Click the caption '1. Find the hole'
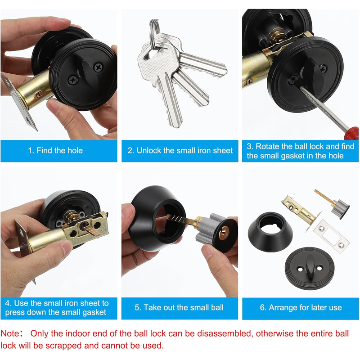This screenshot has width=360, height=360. point(55,150)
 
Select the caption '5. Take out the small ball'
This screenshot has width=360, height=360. point(179,307)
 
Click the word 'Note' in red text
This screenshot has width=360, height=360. point(10,333)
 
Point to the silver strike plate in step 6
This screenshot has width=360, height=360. point(331,237)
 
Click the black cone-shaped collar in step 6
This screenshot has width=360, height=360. point(270,232)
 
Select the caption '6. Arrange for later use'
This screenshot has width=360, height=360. point(301,307)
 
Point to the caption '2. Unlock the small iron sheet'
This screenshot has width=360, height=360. point(180,150)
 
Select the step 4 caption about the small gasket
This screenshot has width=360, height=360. point(57,308)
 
